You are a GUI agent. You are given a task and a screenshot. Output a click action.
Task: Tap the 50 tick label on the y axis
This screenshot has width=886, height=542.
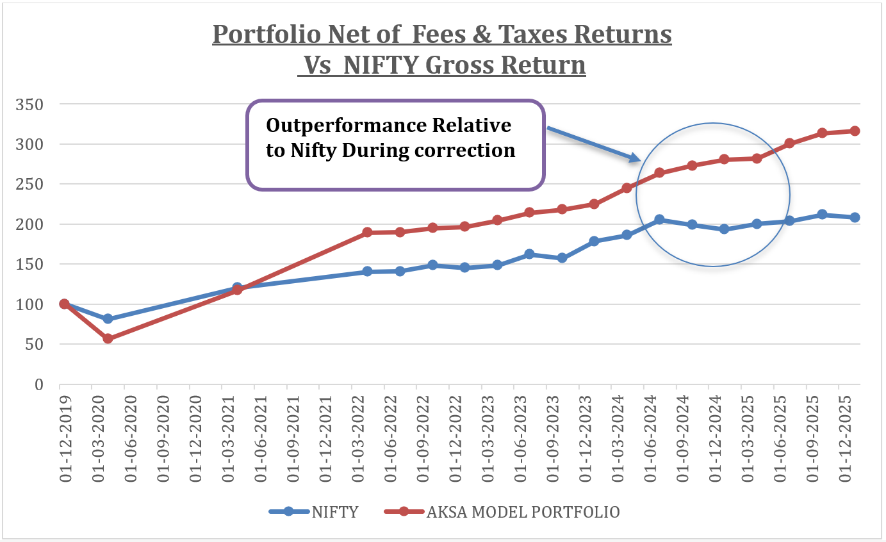(36, 345)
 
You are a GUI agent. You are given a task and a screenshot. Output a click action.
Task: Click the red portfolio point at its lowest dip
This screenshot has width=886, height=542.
(108, 338)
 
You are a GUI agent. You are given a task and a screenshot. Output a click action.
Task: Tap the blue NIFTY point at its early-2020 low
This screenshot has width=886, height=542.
(108, 318)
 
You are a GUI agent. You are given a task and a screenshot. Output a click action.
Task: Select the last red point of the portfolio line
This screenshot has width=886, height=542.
(855, 131)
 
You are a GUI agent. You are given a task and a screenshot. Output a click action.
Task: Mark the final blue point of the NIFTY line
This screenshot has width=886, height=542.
(855, 217)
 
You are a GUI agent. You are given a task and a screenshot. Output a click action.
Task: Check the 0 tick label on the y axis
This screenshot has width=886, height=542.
(40, 385)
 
